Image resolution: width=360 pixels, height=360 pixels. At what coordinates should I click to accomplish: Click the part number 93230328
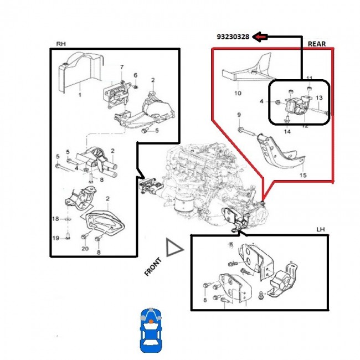233,38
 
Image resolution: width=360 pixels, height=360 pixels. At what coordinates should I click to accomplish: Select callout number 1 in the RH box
79,95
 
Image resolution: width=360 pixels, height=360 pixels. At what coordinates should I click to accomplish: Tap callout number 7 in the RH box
122,68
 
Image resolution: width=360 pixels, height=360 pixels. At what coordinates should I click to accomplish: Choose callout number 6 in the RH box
135,75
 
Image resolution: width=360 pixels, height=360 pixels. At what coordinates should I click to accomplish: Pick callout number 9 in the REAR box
239,115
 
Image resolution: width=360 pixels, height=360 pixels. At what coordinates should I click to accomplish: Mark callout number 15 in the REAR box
302,176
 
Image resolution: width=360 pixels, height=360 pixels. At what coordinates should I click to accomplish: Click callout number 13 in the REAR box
318,98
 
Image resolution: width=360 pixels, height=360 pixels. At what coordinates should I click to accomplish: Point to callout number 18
55,220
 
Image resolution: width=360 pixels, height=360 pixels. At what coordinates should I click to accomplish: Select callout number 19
55,238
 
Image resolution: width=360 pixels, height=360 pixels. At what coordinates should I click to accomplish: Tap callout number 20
85,249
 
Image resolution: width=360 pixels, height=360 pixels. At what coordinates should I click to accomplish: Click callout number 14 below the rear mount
287,131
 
